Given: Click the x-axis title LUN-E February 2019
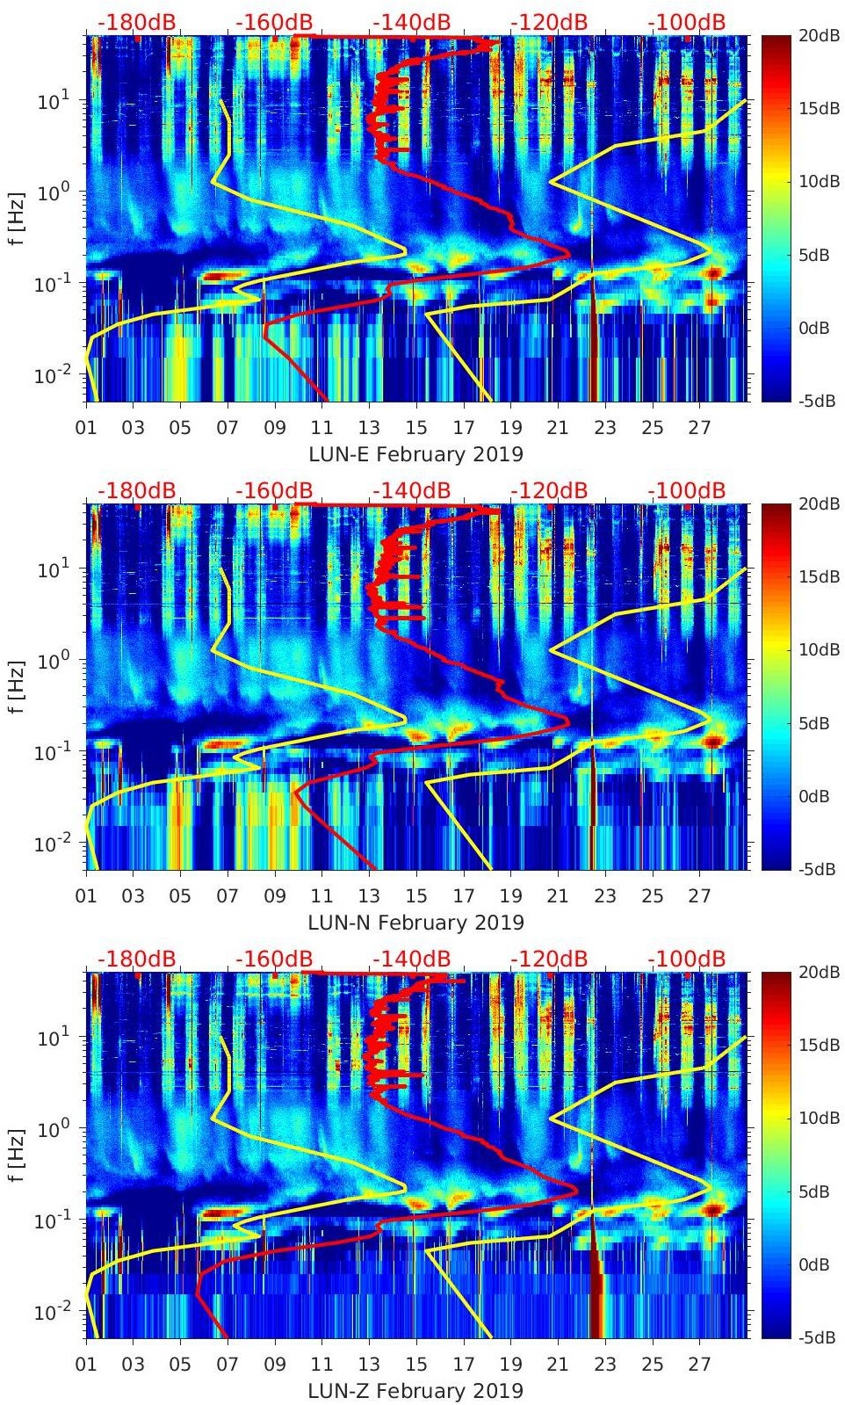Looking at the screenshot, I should (415, 454).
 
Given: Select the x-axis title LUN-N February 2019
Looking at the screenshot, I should (415, 923).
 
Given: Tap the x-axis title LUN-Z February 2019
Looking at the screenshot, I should (415, 1391).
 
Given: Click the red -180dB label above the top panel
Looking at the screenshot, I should (136, 22).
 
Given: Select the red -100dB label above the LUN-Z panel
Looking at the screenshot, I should (687, 959).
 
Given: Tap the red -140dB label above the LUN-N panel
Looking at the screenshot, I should (411, 490).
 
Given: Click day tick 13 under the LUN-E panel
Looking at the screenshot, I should (369, 428).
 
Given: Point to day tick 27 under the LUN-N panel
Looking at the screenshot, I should (699, 896).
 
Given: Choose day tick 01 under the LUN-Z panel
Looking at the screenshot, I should (86, 1365).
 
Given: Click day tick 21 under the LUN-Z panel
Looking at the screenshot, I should (558, 1365).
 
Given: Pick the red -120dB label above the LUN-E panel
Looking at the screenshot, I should (548, 22).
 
